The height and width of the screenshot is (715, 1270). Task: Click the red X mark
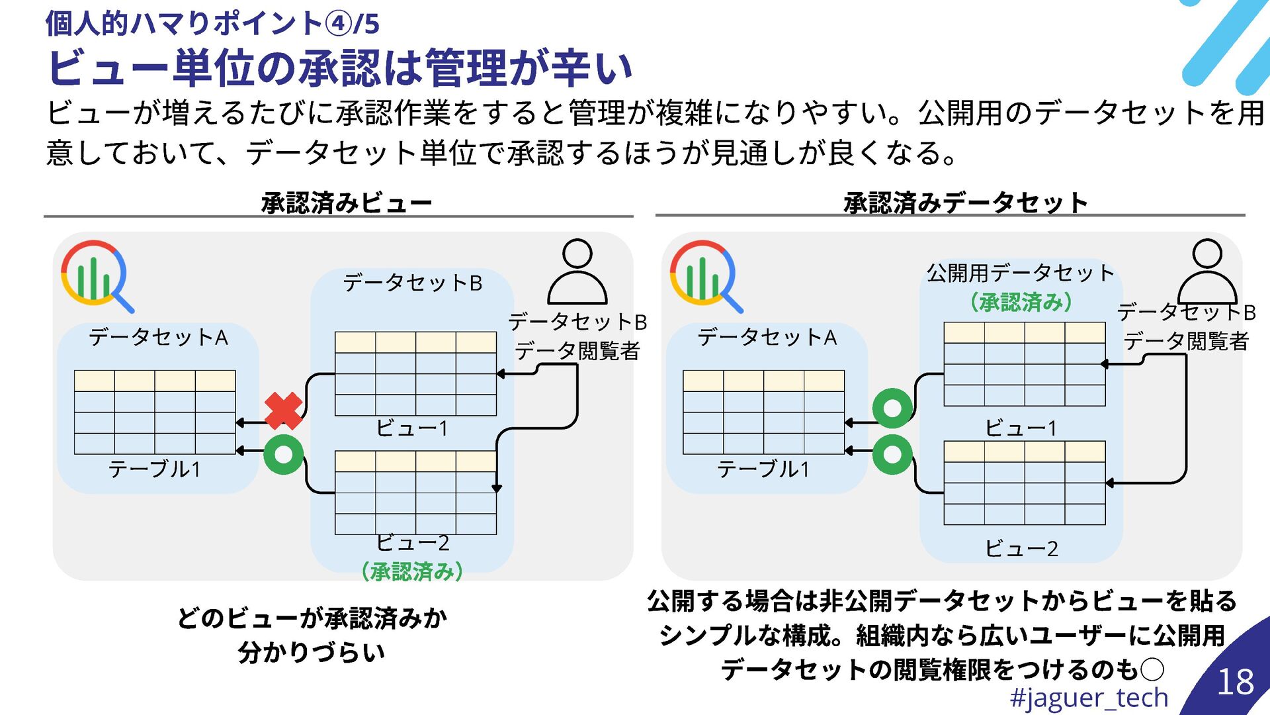283,410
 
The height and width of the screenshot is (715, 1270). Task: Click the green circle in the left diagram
283,455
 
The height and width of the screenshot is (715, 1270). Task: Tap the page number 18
1235,682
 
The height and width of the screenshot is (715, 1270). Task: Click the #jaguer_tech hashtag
1089,698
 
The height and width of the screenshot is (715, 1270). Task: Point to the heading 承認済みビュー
346,203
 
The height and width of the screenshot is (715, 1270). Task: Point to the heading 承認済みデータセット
965,203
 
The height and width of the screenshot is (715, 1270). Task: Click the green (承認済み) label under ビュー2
411,571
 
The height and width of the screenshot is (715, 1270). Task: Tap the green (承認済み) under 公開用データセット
1021,303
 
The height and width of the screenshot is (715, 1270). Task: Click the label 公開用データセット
1020,273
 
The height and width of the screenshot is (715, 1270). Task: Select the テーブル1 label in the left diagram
154,469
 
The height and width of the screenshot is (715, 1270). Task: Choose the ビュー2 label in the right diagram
1021,548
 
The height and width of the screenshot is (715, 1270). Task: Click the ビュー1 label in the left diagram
411,428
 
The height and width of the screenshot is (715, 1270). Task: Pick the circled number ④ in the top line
339,24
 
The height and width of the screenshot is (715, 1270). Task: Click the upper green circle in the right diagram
892,408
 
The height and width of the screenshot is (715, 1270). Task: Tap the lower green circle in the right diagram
892,454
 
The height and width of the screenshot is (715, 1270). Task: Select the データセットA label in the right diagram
767,338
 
